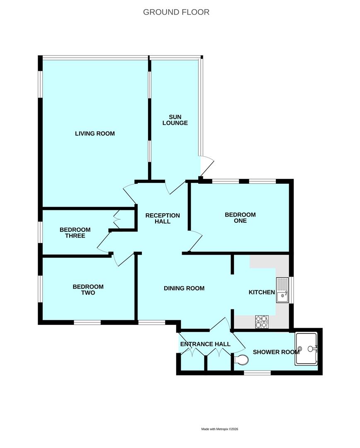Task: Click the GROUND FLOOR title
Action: (176, 12)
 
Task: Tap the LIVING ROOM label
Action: (95, 134)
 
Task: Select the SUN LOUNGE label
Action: (175, 120)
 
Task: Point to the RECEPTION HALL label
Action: (163, 218)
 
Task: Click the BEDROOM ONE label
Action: (240, 218)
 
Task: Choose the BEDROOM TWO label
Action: (88, 290)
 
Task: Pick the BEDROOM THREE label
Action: (75, 233)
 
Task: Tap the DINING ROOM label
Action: (184, 288)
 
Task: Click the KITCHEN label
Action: (262, 292)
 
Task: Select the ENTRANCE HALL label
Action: (205, 344)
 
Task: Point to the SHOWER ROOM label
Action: (276, 352)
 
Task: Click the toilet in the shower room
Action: (241, 360)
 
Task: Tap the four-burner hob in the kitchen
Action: (262, 321)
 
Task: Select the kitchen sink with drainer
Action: (282, 290)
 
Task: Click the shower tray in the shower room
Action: (306, 349)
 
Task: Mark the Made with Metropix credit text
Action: (220, 429)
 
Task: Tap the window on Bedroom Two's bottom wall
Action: (88, 323)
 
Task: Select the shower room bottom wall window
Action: (258, 373)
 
